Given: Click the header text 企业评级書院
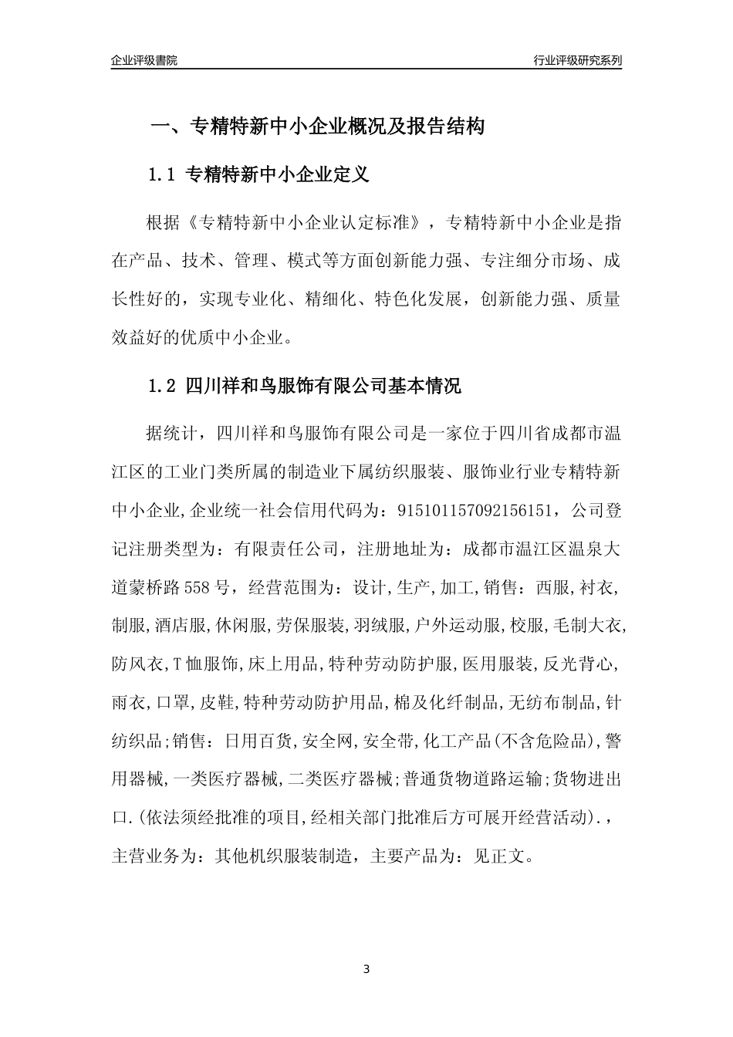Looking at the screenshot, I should (x=144, y=60).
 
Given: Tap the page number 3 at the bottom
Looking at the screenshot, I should (x=366, y=968).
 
